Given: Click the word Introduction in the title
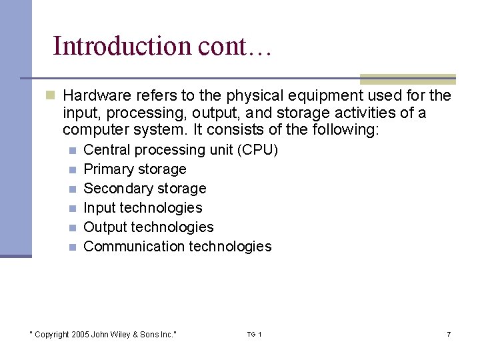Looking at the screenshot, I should tap(122, 46).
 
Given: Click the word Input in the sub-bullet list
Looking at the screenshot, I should tap(100, 208).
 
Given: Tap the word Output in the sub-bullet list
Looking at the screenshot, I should tap(105, 227).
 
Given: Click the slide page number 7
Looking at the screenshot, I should tap(449, 334).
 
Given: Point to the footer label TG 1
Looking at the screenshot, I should tap(254, 334).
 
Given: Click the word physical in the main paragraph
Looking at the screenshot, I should tap(253, 96).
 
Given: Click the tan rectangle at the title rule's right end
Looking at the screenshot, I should tap(407, 79).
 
